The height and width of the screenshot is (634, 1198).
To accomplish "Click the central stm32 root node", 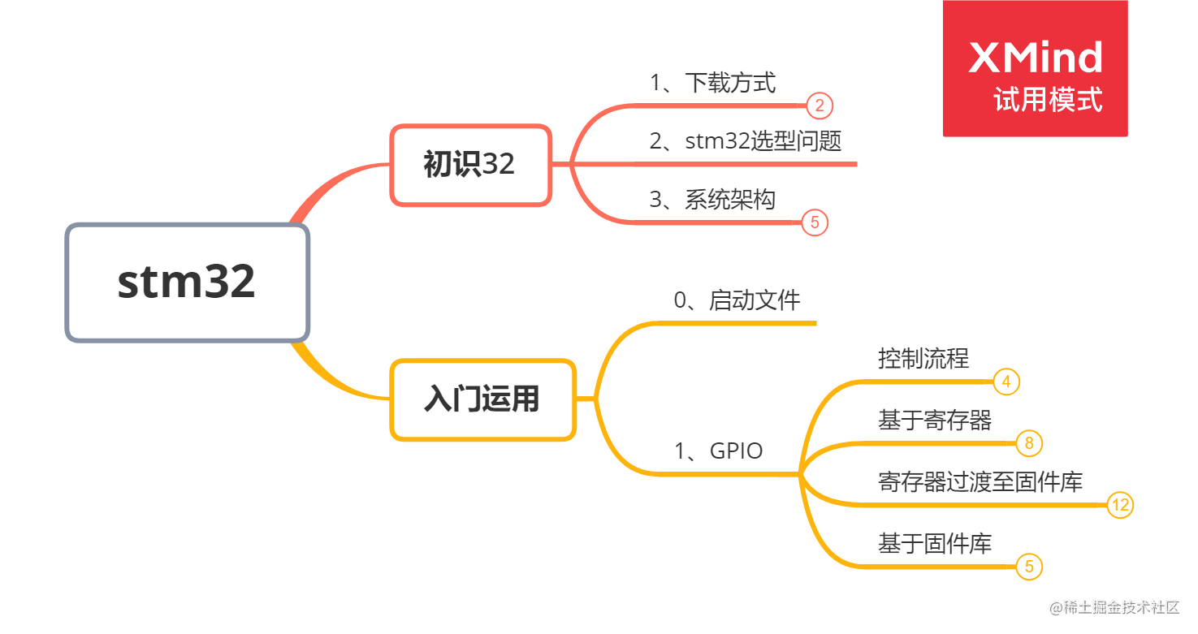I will pyautogui.click(x=187, y=282).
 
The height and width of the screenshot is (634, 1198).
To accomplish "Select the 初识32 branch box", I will pyautogui.click(x=470, y=164).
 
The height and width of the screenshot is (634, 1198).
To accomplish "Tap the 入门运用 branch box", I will pyautogui.click(x=482, y=399).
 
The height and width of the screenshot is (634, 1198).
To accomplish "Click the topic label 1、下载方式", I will pyautogui.click(x=712, y=83).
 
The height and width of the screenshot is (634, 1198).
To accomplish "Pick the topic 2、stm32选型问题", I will pyautogui.click(x=745, y=141).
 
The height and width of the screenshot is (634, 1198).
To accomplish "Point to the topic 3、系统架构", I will pyautogui.click(x=712, y=200).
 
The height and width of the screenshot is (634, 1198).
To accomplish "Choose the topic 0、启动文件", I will pyautogui.click(x=737, y=300).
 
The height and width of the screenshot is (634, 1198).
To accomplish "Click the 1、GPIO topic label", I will pyautogui.click(x=719, y=451).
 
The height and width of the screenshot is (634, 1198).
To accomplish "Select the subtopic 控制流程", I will pyautogui.click(x=923, y=359).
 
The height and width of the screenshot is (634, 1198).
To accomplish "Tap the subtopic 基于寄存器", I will pyautogui.click(x=935, y=421).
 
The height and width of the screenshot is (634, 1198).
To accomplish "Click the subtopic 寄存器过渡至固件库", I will pyautogui.click(x=980, y=482).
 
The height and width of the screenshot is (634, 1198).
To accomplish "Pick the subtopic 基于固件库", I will pyautogui.click(x=935, y=544).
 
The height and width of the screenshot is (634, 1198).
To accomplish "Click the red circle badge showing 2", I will pyautogui.click(x=820, y=106).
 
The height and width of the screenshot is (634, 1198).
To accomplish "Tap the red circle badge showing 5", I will pyautogui.click(x=815, y=222).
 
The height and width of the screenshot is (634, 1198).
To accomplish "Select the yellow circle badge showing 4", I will pyautogui.click(x=1006, y=382).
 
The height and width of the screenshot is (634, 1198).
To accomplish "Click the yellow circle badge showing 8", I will pyautogui.click(x=1029, y=443).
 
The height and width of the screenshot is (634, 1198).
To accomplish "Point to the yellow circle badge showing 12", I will pyautogui.click(x=1120, y=505).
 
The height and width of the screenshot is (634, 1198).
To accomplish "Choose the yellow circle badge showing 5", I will pyautogui.click(x=1029, y=567).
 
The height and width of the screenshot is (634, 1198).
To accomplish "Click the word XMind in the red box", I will pyautogui.click(x=1036, y=58).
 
